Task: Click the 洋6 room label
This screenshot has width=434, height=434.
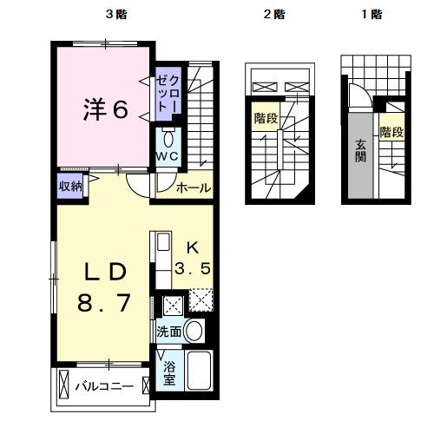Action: point(106,110)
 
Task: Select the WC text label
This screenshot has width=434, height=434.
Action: point(167,155)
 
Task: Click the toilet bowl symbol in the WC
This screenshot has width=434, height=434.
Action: point(168,138)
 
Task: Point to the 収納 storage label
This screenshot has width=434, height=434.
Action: point(70,186)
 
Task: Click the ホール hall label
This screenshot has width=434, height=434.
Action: point(193,188)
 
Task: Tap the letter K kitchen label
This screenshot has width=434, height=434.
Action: point(194,247)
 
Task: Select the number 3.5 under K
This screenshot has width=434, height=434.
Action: point(194,269)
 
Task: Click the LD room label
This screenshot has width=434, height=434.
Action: point(106,271)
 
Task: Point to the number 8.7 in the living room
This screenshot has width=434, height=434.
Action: point(106,304)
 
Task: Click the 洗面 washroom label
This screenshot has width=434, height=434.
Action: point(169,332)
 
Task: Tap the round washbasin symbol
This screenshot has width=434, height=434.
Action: point(195,331)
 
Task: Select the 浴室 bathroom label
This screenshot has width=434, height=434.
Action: point(169,372)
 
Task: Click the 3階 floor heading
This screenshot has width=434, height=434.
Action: point(115,15)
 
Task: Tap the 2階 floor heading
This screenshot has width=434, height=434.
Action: point(275,15)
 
